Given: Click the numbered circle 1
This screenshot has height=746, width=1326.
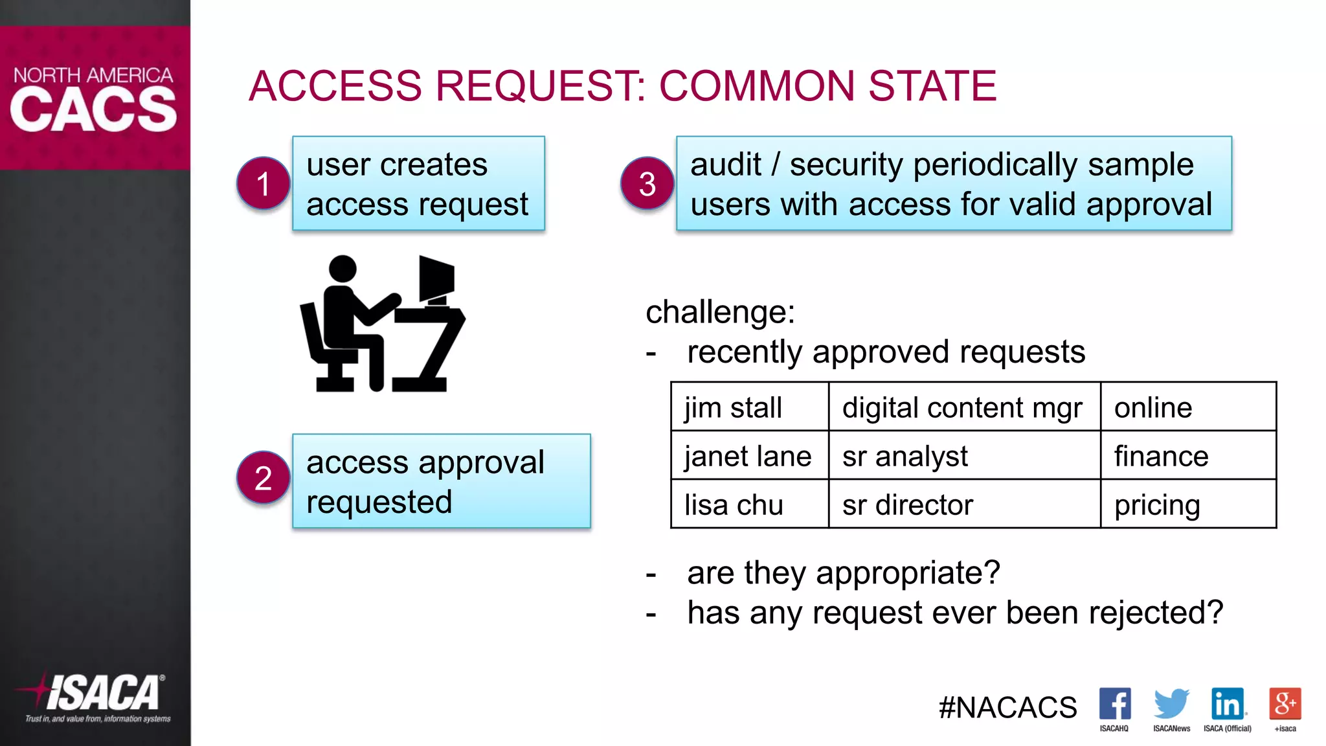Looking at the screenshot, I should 263,183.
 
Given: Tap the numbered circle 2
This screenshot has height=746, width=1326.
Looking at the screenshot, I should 263,478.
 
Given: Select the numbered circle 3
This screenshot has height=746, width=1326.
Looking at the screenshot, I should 647,183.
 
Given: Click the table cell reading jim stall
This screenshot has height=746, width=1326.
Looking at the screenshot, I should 750,407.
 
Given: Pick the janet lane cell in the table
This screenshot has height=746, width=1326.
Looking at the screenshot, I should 750,456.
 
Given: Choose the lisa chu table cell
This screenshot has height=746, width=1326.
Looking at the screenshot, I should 750,504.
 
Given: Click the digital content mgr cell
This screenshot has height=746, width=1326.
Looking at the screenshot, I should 963,407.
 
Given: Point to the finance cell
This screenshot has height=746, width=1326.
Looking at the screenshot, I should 1187,456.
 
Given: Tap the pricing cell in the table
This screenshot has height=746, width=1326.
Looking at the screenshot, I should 1187,504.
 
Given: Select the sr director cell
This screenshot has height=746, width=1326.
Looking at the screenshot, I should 963,504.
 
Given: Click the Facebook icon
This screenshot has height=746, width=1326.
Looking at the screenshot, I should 1114,704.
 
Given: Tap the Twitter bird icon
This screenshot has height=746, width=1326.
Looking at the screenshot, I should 1171,704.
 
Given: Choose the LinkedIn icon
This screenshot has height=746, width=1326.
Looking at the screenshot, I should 1228,704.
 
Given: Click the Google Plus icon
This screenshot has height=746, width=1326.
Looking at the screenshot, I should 1285,704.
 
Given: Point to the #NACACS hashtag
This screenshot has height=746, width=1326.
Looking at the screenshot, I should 1007,707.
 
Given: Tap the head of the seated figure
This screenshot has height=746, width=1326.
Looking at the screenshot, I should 343,268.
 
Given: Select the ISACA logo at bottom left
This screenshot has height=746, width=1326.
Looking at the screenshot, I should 97,696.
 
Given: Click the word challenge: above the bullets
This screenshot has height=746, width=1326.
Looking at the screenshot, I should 720,312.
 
